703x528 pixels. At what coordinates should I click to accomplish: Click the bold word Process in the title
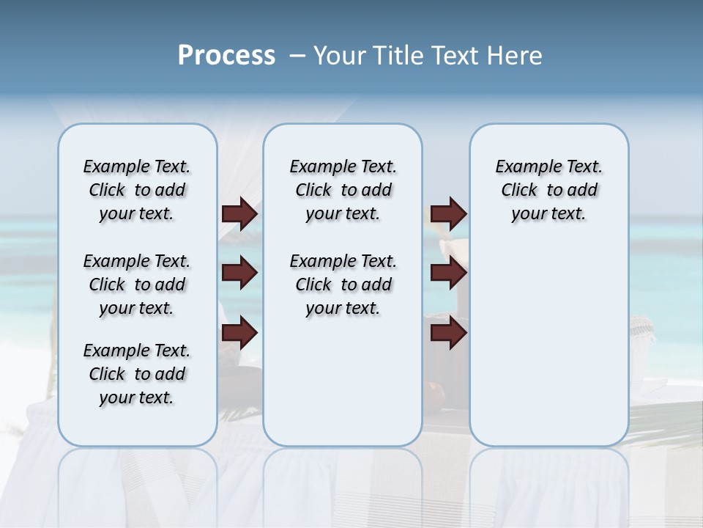pyautogui.click(x=226, y=56)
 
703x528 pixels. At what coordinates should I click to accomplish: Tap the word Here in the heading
pyautogui.click(x=516, y=56)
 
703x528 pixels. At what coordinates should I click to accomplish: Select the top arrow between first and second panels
pyautogui.click(x=239, y=213)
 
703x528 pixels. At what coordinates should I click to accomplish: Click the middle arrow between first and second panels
pyautogui.click(x=239, y=274)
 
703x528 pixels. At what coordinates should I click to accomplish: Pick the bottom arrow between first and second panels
pyautogui.click(x=239, y=334)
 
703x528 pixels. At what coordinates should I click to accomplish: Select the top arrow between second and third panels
pyautogui.click(x=448, y=213)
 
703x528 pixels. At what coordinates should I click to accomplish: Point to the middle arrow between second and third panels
pyautogui.click(x=448, y=274)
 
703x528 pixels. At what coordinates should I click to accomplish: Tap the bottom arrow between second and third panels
pyautogui.click(x=448, y=334)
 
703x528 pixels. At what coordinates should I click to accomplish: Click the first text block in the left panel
pyautogui.click(x=137, y=190)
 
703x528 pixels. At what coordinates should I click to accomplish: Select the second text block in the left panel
pyautogui.click(x=137, y=285)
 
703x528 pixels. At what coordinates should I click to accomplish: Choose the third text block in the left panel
pyautogui.click(x=137, y=374)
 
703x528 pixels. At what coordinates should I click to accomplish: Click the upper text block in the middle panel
pyautogui.click(x=343, y=190)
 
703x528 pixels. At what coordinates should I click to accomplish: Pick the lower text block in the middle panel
pyautogui.click(x=343, y=285)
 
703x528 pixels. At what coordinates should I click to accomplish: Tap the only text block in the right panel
pyautogui.click(x=548, y=190)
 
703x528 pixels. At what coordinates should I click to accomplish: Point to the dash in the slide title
pyautogui.click(x=297, y=56)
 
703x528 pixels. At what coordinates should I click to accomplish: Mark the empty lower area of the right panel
pyautogui.click(x=548, y=345)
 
